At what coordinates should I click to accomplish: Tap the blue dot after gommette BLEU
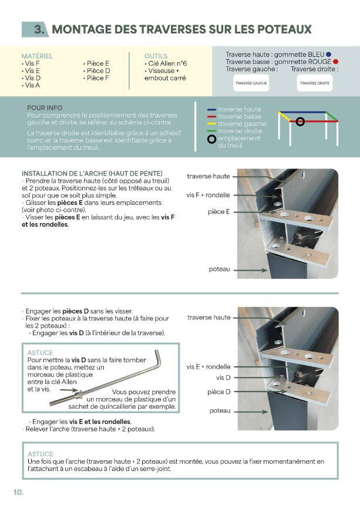329,54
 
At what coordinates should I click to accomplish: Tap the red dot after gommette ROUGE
335,62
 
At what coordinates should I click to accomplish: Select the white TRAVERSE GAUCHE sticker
251,83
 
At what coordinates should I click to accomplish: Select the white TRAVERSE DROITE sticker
315,83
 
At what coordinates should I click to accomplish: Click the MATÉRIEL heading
37,56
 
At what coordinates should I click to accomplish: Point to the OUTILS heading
156,56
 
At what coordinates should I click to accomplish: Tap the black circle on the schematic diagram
300,122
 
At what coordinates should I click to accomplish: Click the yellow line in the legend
212,124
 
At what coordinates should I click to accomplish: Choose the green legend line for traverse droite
212,131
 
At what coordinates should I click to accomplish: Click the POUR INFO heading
45,108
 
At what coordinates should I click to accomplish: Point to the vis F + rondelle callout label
208,195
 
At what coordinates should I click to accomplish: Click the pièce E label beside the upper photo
218,211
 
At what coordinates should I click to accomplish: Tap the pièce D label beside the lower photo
218,392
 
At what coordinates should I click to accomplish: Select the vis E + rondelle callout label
208,366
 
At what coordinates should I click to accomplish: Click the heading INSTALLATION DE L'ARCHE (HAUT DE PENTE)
92,174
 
